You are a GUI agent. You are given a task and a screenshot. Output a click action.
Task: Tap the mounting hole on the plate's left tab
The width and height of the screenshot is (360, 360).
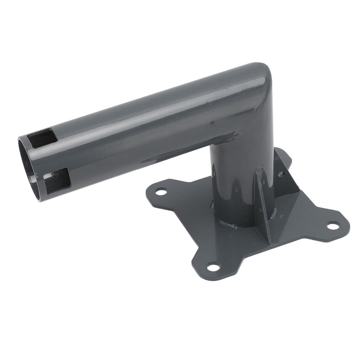point(161,192)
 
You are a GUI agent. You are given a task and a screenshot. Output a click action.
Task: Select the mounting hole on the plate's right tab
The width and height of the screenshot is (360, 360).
point(333,225)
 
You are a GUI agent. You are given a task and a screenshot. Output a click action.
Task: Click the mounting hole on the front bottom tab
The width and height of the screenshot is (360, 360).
point(213,267)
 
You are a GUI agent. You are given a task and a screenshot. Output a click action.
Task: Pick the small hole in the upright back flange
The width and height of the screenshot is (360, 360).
point(281,174)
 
